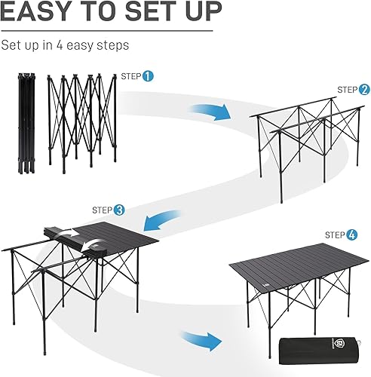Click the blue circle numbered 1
click(x=148, y=76)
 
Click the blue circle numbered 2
click(x=364, y=89)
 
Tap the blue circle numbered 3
click(x=119, y=209)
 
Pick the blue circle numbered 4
click(x=351, y=235)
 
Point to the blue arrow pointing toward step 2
click(x=218, y=111)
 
